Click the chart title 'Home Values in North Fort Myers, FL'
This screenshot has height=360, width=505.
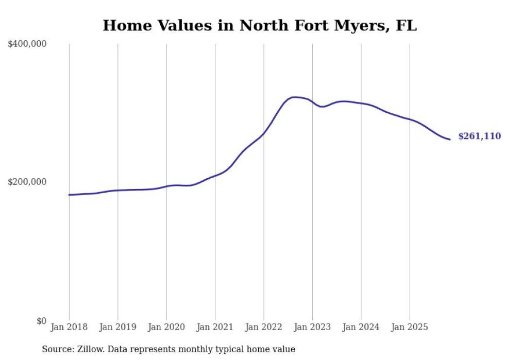point(259,25)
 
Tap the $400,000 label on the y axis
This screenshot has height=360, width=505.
point(27,44)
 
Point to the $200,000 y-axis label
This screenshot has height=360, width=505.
point(27,182)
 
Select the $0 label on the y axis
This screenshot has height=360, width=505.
point(41,321)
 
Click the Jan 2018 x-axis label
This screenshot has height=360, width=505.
point(69,327)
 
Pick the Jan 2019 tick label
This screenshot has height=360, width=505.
point(117,327)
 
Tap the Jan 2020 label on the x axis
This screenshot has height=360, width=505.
point(166,327)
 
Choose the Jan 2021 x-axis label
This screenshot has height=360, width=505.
point(215,327)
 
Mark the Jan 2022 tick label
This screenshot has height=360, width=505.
point(264,327)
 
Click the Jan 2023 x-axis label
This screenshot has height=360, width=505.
point(312,327)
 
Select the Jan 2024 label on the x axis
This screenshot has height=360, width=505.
point(361,327)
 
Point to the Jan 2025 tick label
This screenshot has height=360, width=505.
point(410,327)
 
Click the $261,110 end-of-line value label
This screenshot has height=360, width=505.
point(479,136)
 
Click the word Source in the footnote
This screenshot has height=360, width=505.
point(56,349)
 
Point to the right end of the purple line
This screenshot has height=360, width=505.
point(450,139)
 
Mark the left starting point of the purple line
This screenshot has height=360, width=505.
point(69,195)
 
